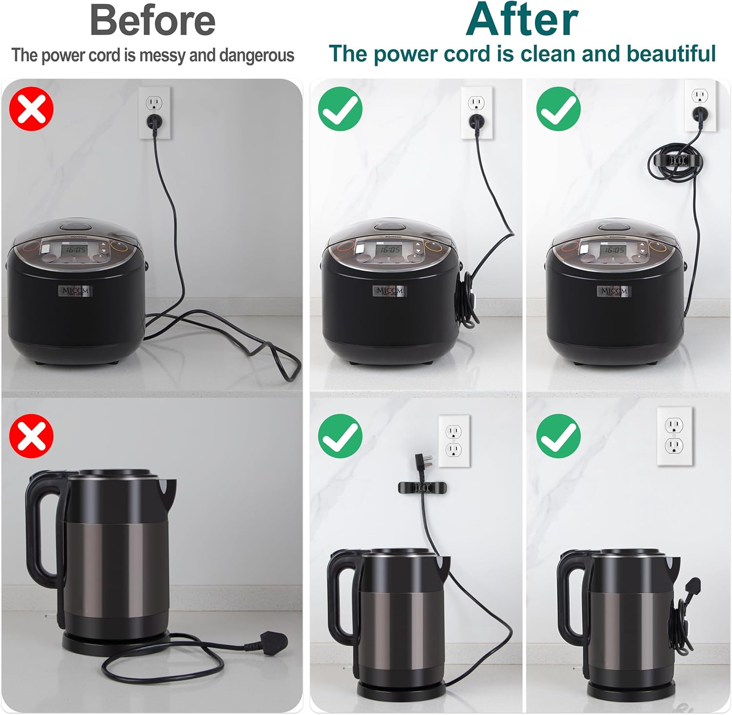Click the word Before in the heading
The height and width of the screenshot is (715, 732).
click(152, 20)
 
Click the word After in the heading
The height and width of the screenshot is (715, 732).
click(522, 20)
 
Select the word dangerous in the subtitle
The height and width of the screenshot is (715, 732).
click(257, 56)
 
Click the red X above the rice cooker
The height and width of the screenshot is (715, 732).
click(31, 108)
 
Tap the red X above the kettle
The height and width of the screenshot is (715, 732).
click(31, 436)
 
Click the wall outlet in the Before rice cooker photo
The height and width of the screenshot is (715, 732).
click(155, 113)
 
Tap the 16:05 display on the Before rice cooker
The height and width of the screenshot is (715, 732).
click(76, 249)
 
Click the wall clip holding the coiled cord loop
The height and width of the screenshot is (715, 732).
click(675, 160)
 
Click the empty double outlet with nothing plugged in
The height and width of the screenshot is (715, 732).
click(675, 436)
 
